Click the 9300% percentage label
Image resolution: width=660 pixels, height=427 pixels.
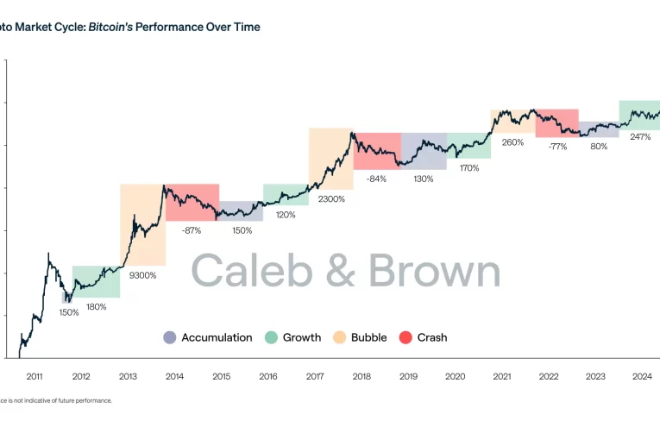143,276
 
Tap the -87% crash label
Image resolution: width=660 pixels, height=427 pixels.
192,230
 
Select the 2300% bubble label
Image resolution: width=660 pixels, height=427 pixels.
330,199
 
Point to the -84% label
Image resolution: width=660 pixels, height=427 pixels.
376,179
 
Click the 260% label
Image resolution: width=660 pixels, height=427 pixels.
512,142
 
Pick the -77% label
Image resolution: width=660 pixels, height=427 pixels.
557,147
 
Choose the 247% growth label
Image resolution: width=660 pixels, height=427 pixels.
640,137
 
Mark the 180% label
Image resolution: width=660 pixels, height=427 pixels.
97,307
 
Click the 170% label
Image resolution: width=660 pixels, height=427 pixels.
469,168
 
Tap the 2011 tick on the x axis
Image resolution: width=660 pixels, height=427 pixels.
35,376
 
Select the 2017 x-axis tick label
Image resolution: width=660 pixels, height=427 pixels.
314,376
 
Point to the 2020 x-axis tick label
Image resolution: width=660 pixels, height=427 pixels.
454,376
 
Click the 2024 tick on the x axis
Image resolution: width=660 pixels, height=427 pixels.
641,376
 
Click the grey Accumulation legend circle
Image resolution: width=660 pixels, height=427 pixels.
169,338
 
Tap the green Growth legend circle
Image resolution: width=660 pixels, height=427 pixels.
271,338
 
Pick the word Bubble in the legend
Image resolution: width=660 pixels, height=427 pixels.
368,338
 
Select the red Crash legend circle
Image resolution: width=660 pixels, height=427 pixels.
405,338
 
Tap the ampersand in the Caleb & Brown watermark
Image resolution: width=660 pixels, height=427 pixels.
340,272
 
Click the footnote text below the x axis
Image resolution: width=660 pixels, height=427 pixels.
55,400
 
